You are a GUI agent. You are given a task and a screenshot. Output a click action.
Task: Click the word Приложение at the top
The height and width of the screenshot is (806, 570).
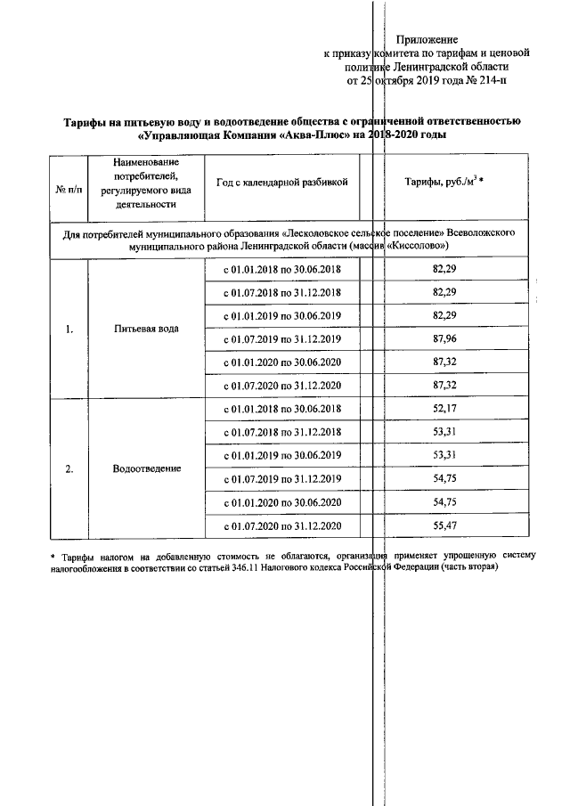click(x=427, y=40)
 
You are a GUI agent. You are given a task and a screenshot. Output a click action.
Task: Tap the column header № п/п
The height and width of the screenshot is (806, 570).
click(x=69, y=190)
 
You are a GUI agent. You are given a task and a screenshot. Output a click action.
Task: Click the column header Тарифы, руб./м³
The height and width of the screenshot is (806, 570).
click(x=450, y=182)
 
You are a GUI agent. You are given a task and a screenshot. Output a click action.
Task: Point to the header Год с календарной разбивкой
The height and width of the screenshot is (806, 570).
click(x=281, y=182)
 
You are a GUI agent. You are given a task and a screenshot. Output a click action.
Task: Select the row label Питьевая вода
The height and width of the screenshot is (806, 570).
click(x=146, y=329)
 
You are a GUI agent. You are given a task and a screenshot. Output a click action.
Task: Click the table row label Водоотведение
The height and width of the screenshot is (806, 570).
click(x=146, y=468)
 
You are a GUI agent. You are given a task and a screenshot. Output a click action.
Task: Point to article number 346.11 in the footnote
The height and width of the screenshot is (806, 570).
click(x=295, y=569)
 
